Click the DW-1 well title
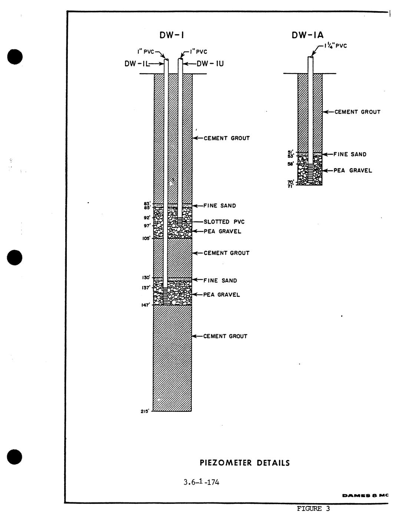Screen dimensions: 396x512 coord(172,35)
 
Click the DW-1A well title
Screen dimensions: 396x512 coord(307,35)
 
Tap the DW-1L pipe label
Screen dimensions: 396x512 coord(137,63)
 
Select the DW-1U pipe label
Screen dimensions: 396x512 coord(210,63)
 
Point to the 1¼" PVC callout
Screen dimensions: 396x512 coord(336,46)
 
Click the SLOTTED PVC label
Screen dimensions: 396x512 coord(224,222)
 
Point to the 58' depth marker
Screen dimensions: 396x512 coord(291,164)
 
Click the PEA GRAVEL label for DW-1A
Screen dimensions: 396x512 coord(353,170)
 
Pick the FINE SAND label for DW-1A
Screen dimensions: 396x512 coord(350,154)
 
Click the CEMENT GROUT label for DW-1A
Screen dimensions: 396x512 coord(357,112)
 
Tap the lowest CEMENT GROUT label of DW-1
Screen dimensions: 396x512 coord(225,336)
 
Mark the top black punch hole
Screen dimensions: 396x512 coord(15,57)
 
